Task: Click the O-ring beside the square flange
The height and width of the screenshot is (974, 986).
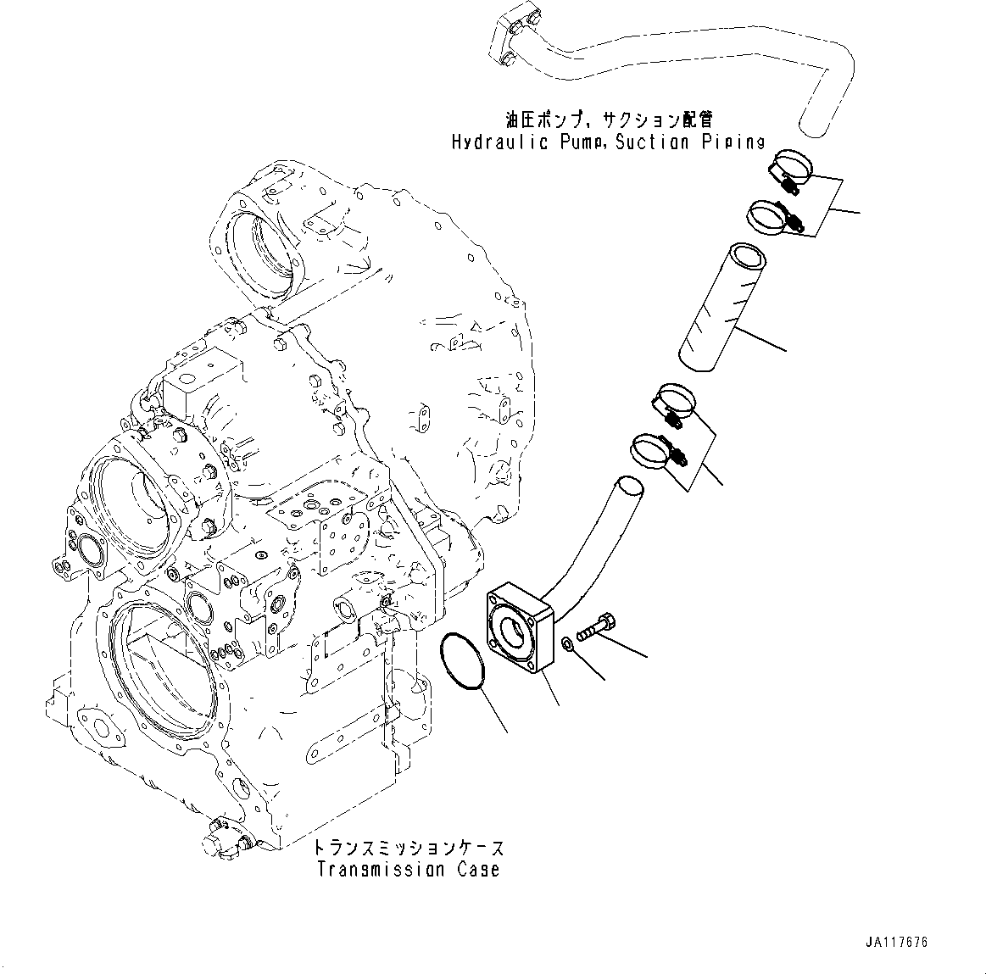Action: (464, 659)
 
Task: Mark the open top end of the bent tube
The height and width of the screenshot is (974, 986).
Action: (629, 487)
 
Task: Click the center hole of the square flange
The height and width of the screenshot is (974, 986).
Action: (515, 631)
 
